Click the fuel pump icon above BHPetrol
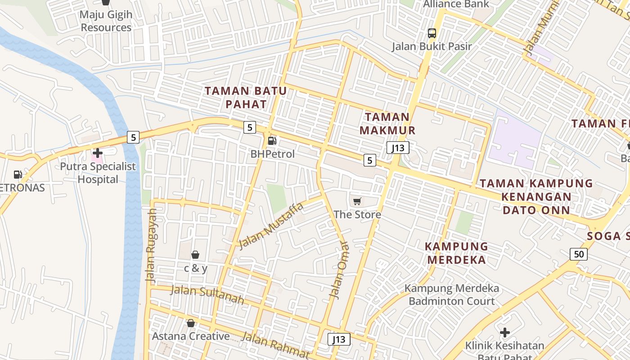point(272,141)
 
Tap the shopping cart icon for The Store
point(357,201)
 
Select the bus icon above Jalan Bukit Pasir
point(432,33)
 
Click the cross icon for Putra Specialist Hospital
point(97,153)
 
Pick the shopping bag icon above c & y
point(195,255)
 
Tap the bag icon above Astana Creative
point(191,323)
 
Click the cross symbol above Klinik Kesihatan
point(505,333)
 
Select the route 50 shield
point(579,254)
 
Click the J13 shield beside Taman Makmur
point(398,148)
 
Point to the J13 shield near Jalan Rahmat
point(339,339)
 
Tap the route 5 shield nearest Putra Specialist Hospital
point(133,137)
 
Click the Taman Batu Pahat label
point(246,98)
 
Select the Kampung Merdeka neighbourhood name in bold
point(457,253)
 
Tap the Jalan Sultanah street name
point(207,295)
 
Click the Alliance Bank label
point(456,4)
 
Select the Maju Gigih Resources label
point(106,21)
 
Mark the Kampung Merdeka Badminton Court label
point(452,295)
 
